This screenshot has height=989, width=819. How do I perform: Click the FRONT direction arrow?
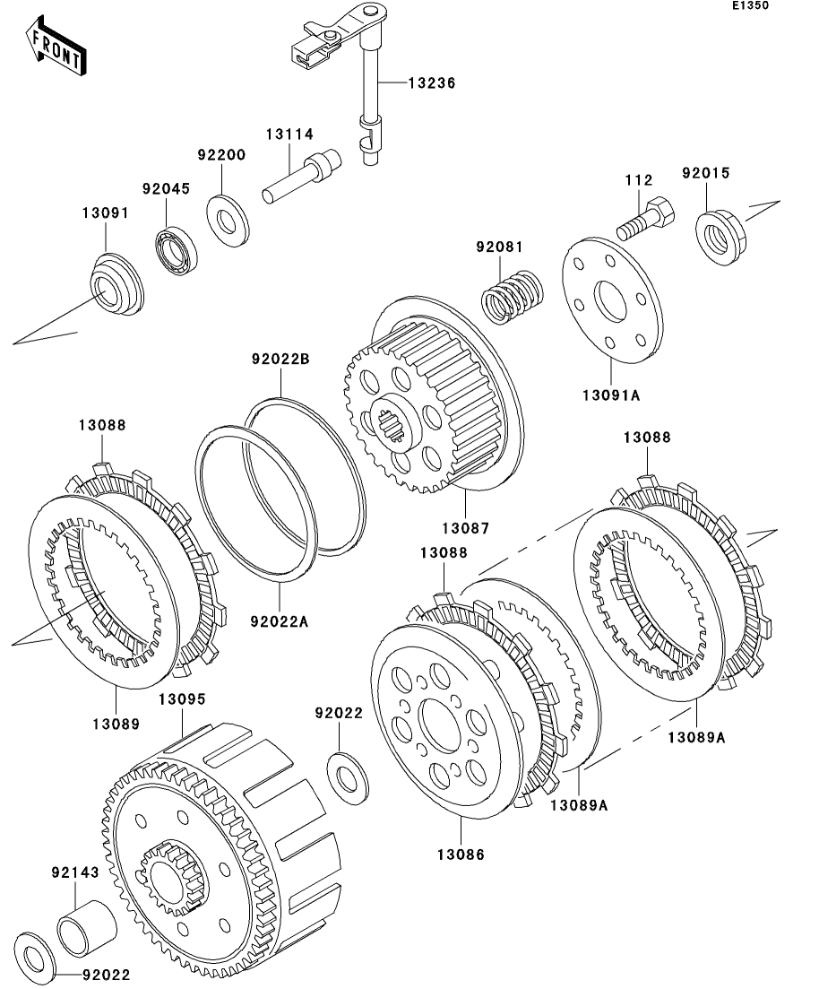click(56, 49)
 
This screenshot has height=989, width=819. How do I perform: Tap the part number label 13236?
click(432, 82)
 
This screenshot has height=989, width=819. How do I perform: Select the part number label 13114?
click(289, 134)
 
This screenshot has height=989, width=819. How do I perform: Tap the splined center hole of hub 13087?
click(393, 421)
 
